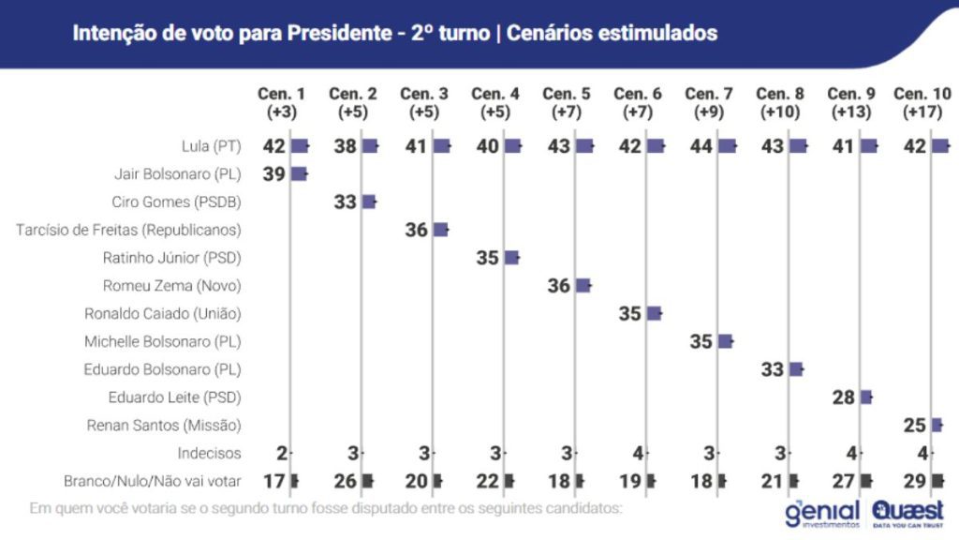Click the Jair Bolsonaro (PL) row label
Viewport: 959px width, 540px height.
click(177, 173)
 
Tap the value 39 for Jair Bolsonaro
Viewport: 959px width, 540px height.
click(273, 173)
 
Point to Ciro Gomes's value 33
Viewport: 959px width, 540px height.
click(346, 202)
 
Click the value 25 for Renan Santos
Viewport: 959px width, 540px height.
click(915, 425)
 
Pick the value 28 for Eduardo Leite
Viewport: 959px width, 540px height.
click(843, 397)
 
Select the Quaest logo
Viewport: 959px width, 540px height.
click(907, 514)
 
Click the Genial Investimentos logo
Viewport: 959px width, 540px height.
click(822, 514)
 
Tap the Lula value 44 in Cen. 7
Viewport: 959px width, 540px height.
click(701, 146)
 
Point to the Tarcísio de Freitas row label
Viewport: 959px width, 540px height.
click(128, 230)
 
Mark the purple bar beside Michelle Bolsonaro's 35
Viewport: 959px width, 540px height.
click(726, 341)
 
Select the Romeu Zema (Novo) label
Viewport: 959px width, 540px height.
click(172, 285)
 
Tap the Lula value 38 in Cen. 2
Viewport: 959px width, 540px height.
click(346, 146)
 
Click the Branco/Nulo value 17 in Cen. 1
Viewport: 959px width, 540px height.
click(275, 481)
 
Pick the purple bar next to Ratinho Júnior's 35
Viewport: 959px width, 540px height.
click(511, 258)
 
